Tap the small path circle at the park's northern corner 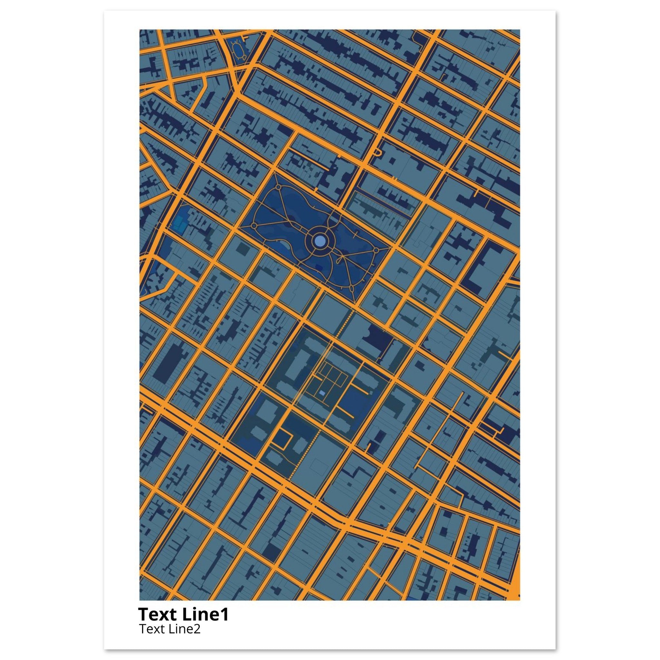(277, 187)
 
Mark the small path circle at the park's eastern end (376, 250)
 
